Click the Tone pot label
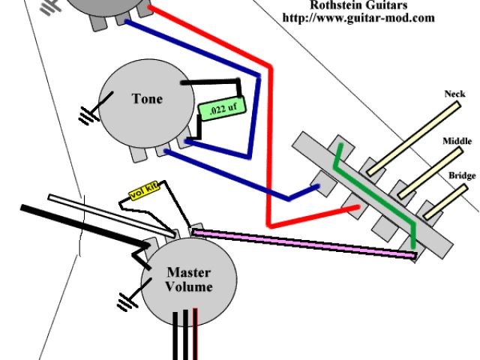click(x=147, y=99)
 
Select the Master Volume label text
click(x=189, y=279)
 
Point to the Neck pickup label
click(x=454, y=94)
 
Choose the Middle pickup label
click(x=457, y=141)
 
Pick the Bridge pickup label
click(x=462, y=175)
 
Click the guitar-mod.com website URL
click(x=358, y=17)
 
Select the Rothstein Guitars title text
click(x=359, y=4)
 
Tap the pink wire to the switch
click(x=300, y=244)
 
